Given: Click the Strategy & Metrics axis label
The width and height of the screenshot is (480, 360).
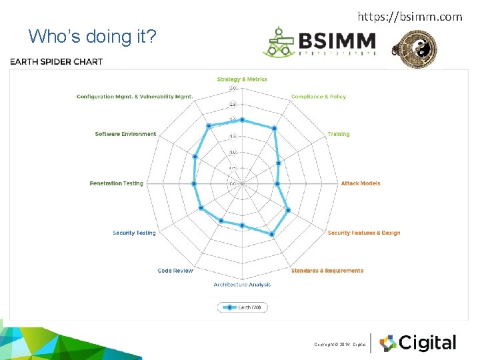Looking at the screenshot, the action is (242, 79).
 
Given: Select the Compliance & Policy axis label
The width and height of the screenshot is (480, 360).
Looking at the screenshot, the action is (319, 97).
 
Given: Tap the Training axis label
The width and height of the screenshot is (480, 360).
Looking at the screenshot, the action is (338, 134).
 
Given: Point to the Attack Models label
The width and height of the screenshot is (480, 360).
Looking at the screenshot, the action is (360, 183).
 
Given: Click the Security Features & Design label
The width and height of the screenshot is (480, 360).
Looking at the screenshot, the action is (364, 233).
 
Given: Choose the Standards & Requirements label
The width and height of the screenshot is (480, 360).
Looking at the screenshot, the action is (327, 271).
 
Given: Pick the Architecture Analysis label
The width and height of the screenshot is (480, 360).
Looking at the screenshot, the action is (242, 285).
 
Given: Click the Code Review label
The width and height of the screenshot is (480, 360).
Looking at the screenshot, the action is (175, 271).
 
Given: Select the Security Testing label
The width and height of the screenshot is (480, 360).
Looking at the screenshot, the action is (134, 233).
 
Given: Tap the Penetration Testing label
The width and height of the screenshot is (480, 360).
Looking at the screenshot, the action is (117, 183).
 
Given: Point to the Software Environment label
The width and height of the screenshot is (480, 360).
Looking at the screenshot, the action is (125, 134).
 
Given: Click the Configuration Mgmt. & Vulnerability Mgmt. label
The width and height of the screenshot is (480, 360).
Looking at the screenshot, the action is (135, 97).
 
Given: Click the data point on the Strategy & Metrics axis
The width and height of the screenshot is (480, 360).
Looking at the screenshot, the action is (242, 121).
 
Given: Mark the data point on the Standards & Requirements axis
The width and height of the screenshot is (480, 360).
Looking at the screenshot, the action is (272, 235).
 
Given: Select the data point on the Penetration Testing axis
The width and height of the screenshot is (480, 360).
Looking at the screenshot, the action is (194, 183).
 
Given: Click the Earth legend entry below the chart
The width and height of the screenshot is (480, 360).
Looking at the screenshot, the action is (242, 307).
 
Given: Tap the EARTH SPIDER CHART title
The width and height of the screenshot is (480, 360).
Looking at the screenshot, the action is (56, 62).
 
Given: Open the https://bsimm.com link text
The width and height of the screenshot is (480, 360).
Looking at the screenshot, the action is (409, 16).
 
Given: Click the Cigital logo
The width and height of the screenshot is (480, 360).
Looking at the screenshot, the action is (418, 343).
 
